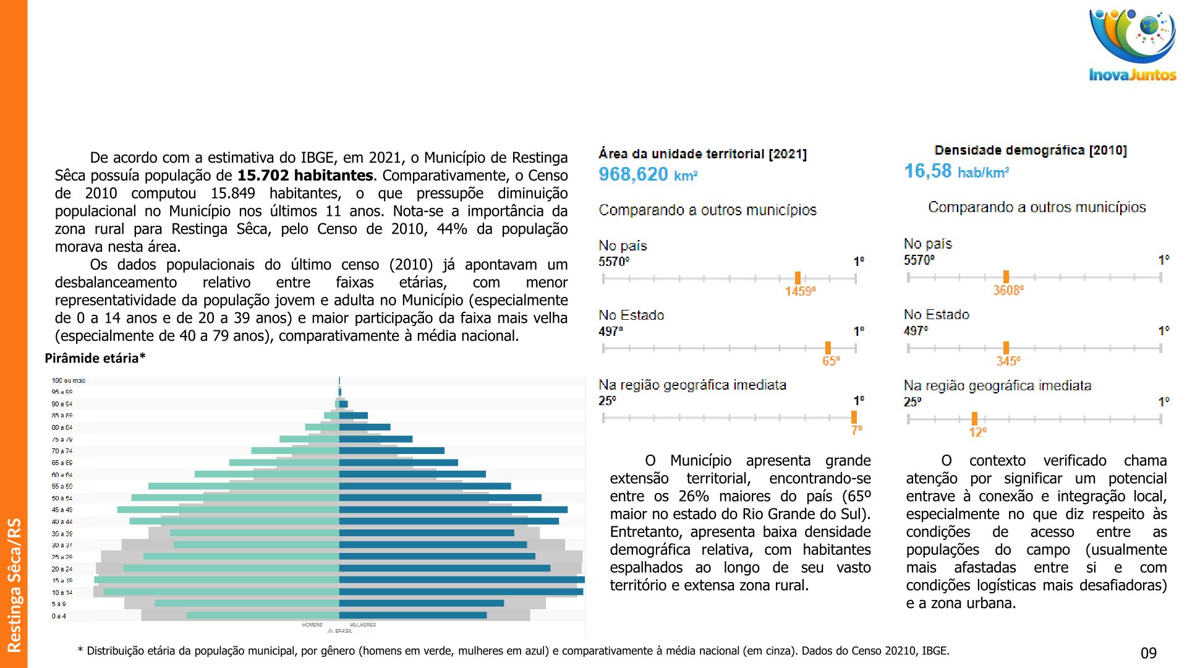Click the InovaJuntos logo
(1132, 46)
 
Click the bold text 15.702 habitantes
(305, 176)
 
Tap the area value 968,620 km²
(647, 174)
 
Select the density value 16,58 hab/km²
(956, 171)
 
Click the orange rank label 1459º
(800, 291)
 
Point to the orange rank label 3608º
(1008, 291)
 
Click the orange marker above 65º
(828, 348)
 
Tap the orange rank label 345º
(1008, 361)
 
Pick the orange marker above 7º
(854, 417)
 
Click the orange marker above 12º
(974, 419)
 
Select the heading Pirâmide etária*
(95, 358)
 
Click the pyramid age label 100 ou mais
(69, 381)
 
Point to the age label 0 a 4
(59, 616)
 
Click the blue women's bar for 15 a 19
(461, 580)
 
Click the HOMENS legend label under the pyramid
(312, 625)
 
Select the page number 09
(1148, 653)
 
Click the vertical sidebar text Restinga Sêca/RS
(14, 585)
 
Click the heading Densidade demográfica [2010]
(1030, 150)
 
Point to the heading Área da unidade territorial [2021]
(702, 154)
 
